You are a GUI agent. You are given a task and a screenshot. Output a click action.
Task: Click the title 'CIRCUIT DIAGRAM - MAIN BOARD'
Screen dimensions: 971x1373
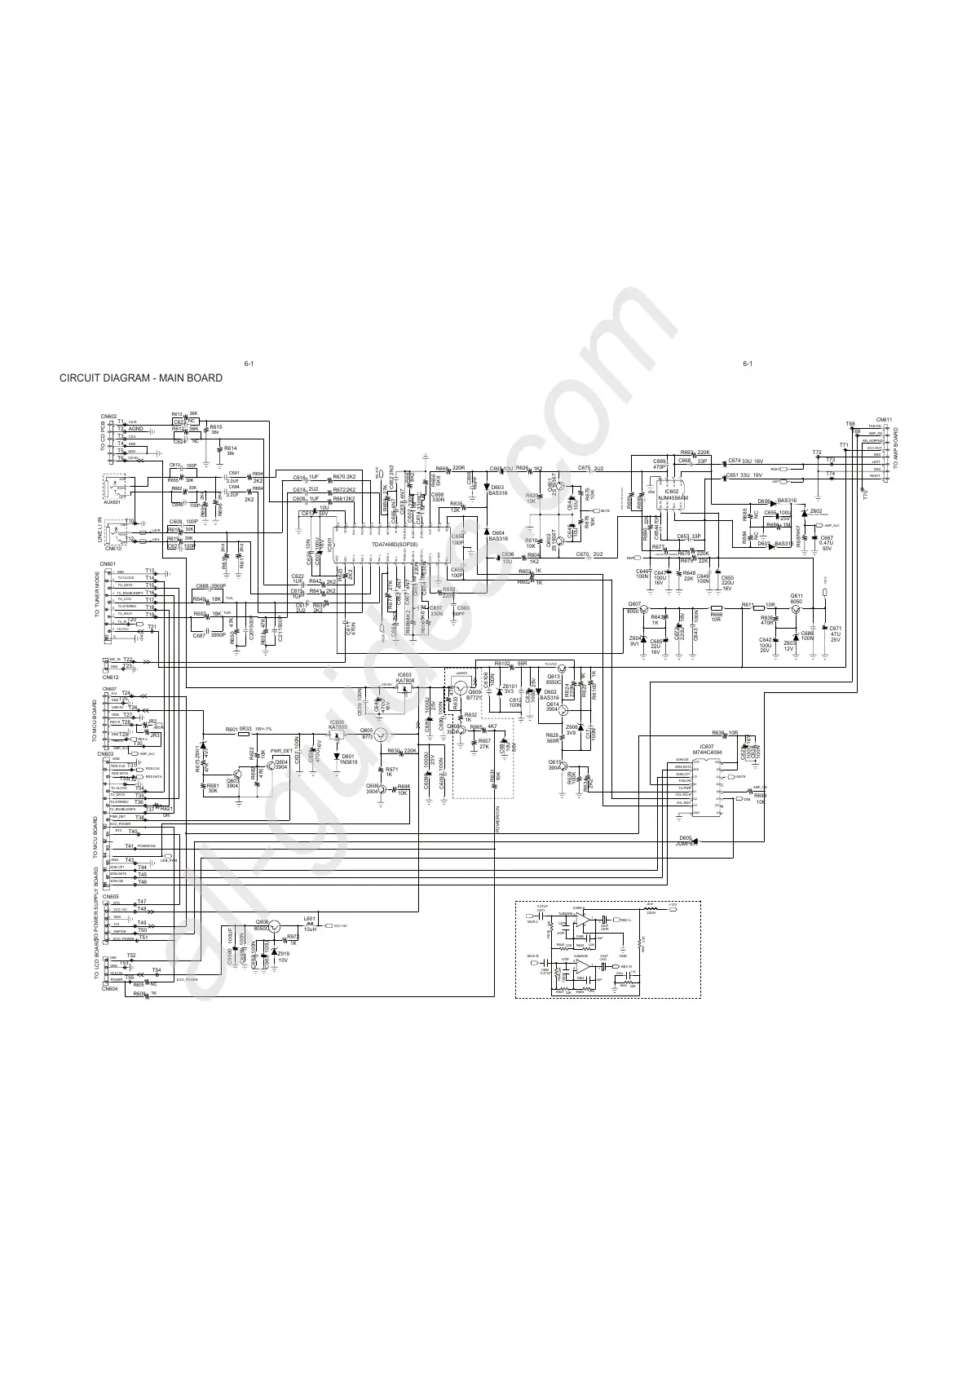[x=141, y=378]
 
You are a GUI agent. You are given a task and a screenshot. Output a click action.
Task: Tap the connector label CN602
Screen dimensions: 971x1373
[x=109, y=416]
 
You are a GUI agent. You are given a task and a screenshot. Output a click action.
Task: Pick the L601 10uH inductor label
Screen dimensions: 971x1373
[x=310, y=923]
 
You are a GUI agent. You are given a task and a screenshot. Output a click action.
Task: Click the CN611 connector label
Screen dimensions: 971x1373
[x=885, y=420]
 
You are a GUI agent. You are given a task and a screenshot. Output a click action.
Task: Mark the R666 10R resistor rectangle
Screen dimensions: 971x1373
[x=717, y=608]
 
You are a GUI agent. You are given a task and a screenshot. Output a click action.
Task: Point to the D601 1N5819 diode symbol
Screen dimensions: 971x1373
[x=337, y=757]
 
